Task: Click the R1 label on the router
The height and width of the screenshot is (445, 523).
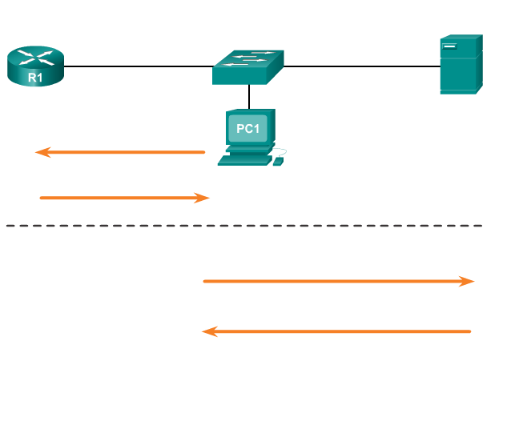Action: (35, 78)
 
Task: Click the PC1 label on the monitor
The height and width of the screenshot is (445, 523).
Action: (247, 129)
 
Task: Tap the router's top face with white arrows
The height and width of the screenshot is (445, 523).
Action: (35, 57)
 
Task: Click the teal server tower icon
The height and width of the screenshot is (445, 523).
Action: (459, 65)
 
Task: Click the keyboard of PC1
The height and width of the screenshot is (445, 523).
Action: (244, 159)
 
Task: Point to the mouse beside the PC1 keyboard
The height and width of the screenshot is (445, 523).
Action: (278, 161)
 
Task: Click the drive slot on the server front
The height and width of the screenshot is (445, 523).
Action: (449, 46)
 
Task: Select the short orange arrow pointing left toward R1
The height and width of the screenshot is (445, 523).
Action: (120, 152)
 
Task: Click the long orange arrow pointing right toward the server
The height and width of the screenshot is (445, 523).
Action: (336, 281)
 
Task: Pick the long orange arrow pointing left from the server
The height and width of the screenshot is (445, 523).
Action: (336, 331)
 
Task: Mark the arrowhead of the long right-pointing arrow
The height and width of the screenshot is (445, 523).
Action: (467, 281)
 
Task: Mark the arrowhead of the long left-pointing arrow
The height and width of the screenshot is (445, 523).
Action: (210, 331)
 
